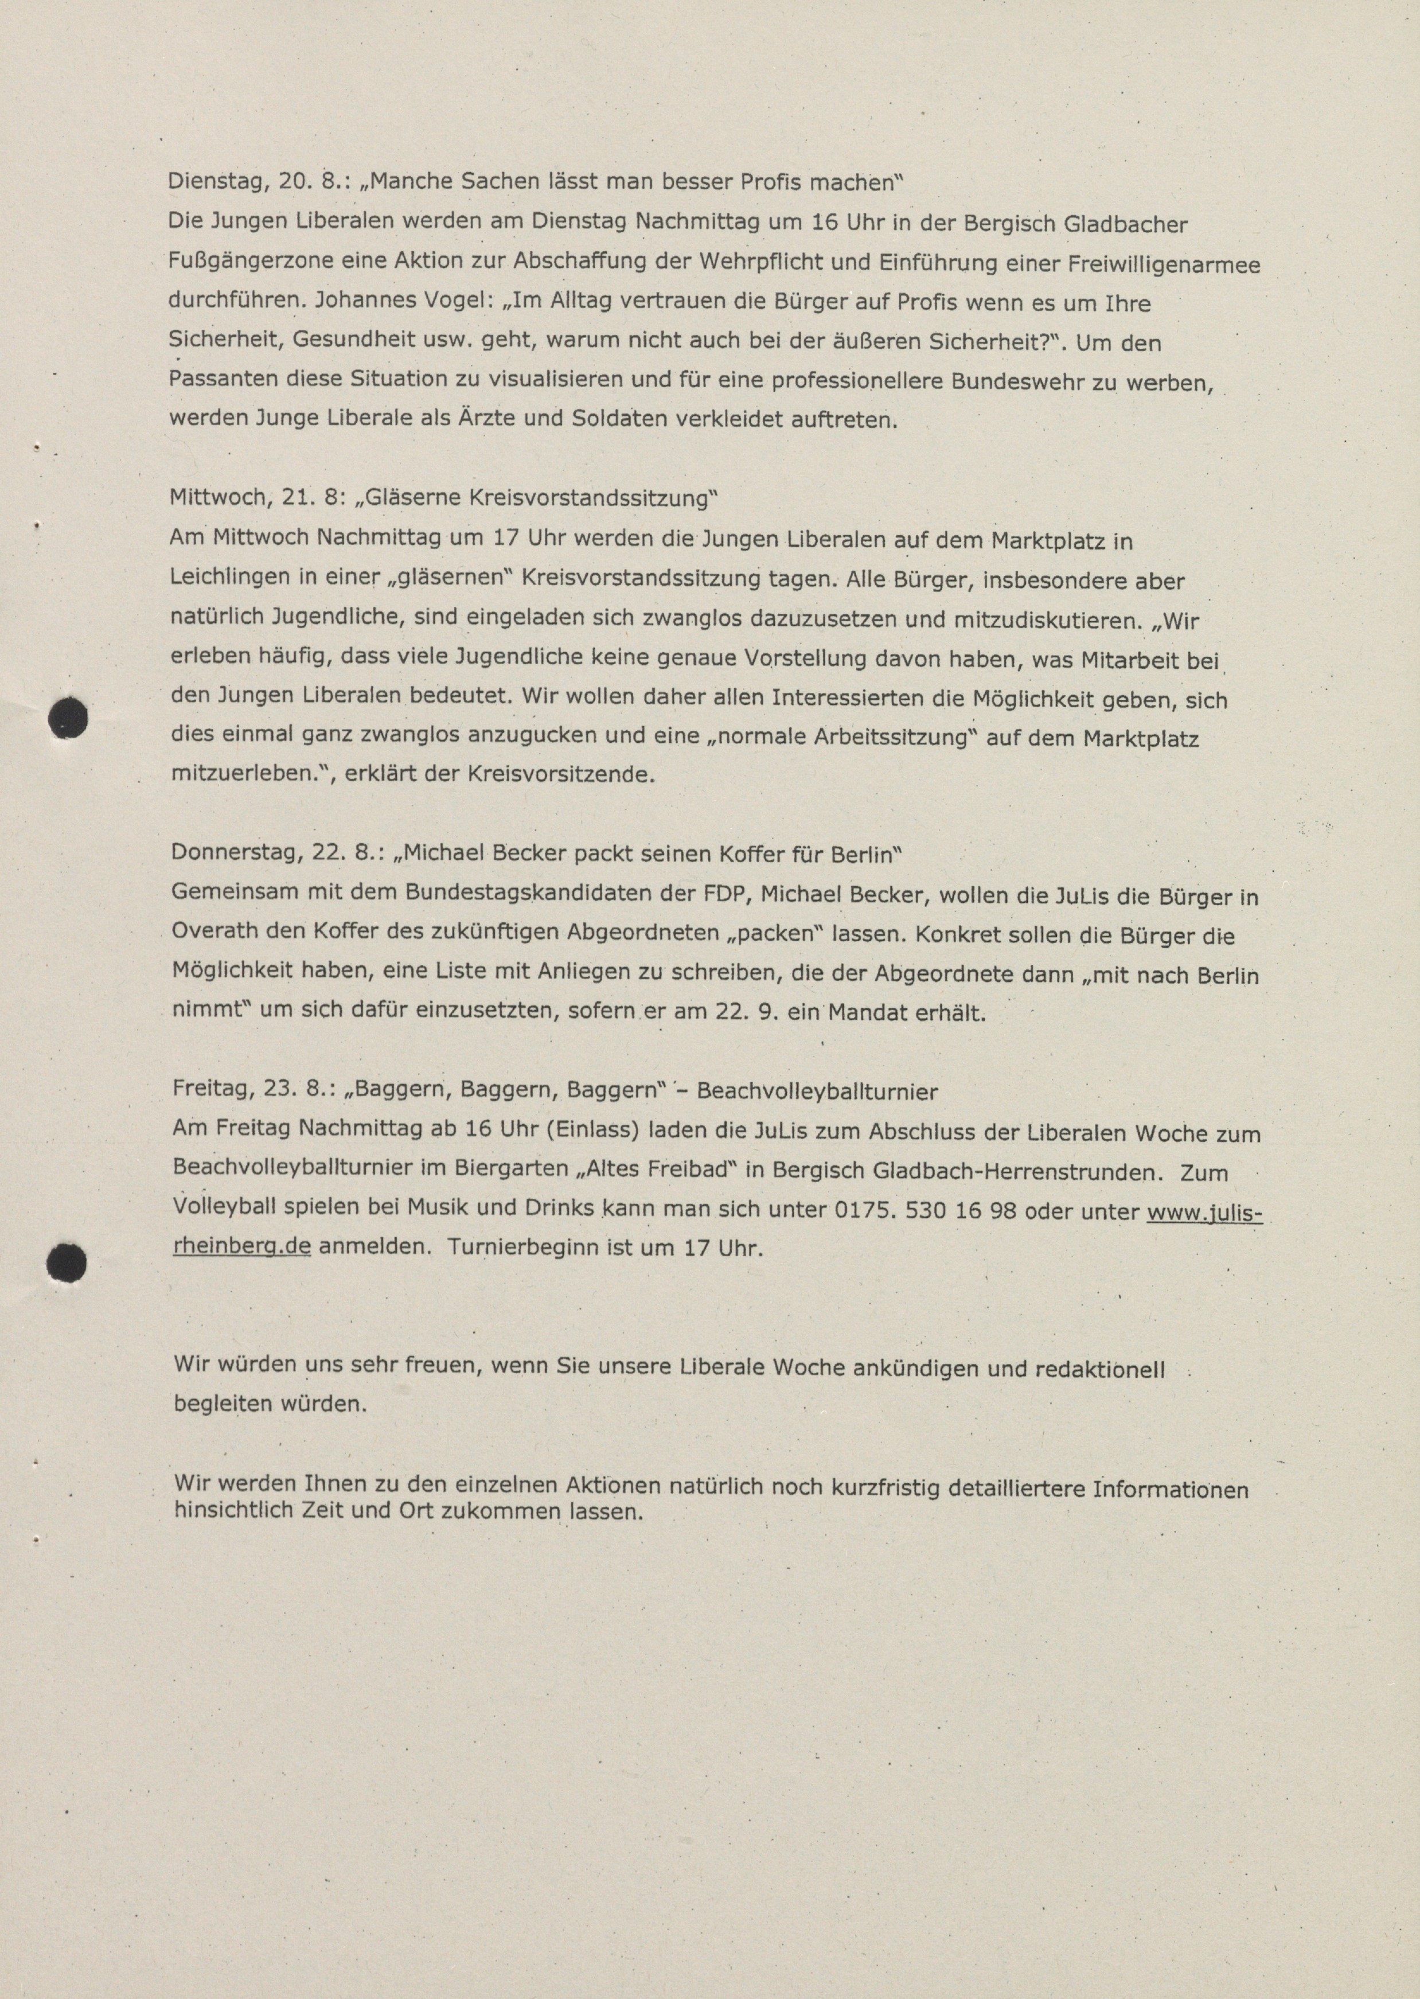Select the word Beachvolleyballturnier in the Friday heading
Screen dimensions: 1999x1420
(x=818, y=1092)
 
